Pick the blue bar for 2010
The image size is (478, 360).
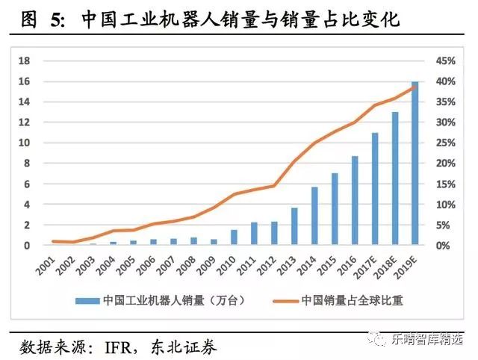pos(234,237)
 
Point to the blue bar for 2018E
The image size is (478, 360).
pos(395,179)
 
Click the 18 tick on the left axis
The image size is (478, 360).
pos(25,60)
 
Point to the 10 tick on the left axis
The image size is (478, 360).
pos(25,143)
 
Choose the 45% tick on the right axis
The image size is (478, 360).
pos(446,60)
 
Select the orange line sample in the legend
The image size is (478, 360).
pos(282,300)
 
